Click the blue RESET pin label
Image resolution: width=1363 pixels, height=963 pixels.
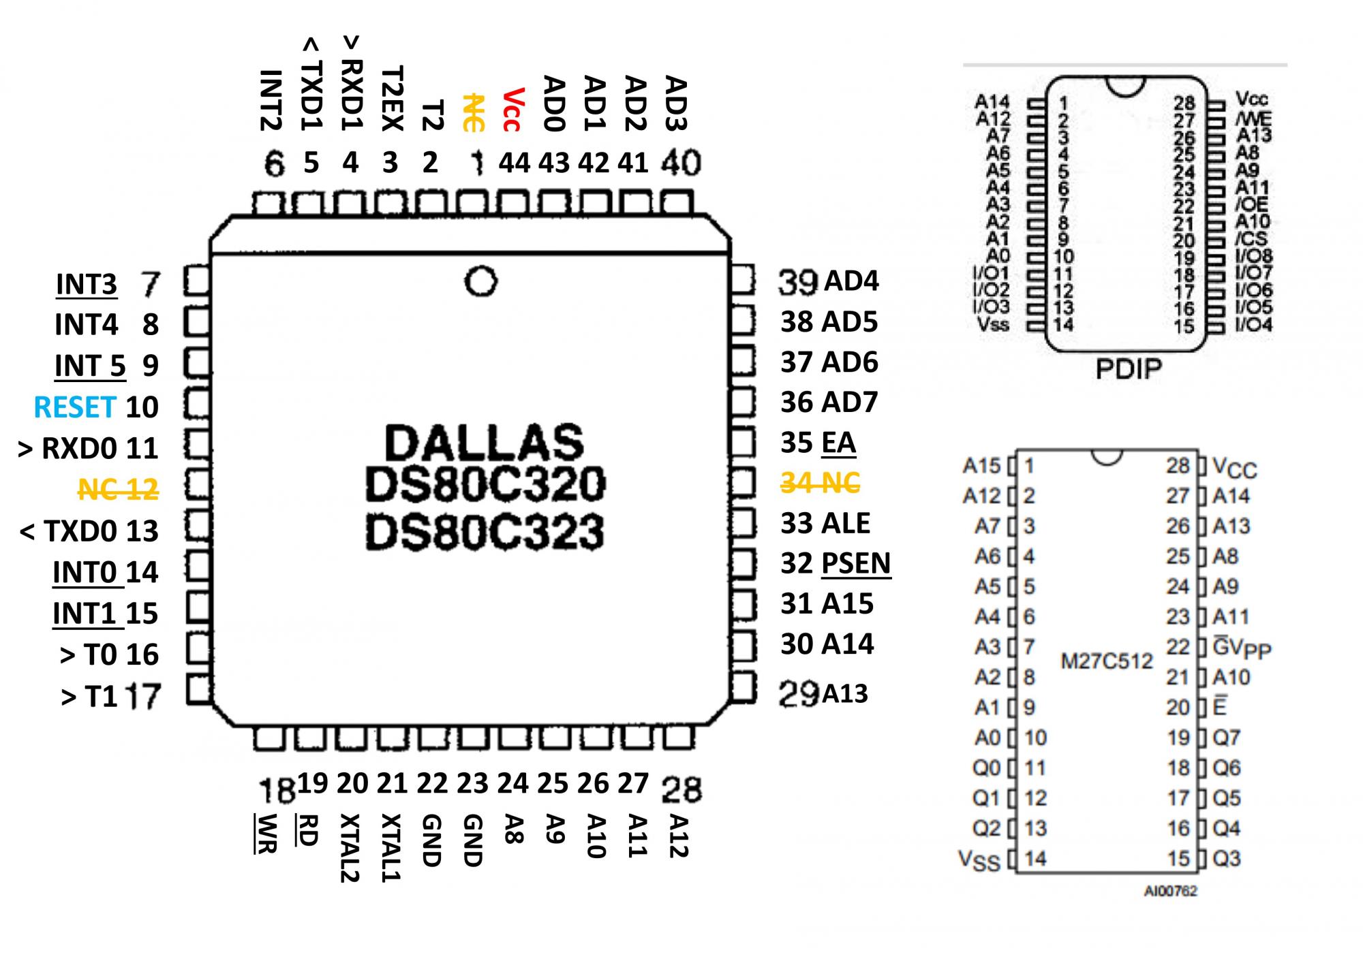tap(75, 407)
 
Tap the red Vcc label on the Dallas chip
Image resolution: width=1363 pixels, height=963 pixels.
tap(512, 109)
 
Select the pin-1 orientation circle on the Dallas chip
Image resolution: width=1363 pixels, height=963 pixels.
tap(480, 281)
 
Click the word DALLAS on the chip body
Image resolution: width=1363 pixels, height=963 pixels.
tap(485, 443)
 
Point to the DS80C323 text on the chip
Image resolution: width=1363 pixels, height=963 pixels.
tap(485, 533)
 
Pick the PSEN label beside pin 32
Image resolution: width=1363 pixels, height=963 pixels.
tap(857, 564)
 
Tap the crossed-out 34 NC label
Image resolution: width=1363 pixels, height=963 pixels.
tap(820, 484)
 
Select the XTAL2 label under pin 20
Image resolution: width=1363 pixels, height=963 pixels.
tap(350, 847)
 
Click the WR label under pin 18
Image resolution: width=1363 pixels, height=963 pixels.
tap(264, 834)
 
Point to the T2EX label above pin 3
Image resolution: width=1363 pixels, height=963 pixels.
tap(393, 98)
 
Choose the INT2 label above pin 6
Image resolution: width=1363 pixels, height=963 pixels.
tap(271, 100)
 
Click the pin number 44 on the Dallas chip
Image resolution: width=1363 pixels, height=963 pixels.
tap(515, 163)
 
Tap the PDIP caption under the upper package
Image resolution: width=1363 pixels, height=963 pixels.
tap(1128, 369)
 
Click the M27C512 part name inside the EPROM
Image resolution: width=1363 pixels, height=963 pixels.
tap(1106, 661)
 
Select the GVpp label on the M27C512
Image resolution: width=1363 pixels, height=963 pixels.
tap(1242, 648)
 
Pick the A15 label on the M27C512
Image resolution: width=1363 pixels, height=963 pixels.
tap(981, 466)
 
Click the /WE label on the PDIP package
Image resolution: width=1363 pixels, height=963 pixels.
tap(1253, 119)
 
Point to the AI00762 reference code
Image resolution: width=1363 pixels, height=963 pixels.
tap(1170, 891)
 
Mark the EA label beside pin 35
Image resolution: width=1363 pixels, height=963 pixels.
tap(838, 443)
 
